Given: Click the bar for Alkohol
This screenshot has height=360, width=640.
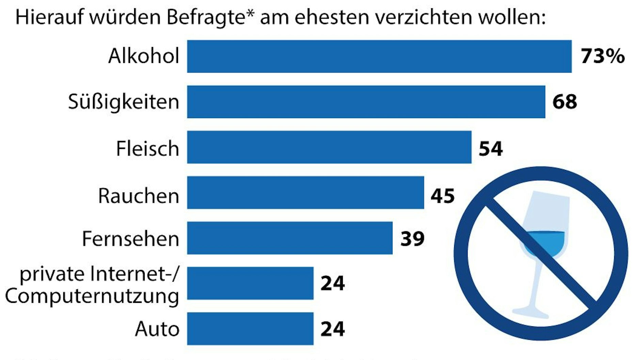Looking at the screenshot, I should pyautogui.click(x=379, y=56).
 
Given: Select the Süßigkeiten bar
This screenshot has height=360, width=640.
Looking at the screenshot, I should pyautogui.click(x=366, y=102).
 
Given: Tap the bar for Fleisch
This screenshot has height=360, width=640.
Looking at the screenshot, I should pyautogui.click(x=329, y=147).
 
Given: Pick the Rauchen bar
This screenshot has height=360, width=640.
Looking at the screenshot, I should pyautogui.click(x=305, y=193).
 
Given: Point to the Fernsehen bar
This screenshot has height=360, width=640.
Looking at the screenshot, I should pyautogui.click(x=290, y=238).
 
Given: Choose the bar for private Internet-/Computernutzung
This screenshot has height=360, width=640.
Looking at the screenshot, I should pyautogui.click(x=250, y=283).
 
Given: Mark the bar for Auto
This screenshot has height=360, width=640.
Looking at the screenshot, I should pyautogui.click(x=250, y=329).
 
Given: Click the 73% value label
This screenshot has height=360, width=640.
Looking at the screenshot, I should pyautogui.click(x=603, y=56).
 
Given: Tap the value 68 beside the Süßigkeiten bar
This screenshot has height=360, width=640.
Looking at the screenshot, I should pyautogui.click(x=564, y=102).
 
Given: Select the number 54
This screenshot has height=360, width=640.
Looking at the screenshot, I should pyautogui.click(x=491, y=149).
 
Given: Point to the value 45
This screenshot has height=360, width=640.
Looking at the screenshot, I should pyautogui.click(x=443, y=196).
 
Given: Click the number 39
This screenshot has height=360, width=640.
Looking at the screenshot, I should pyautogui.click(x=412, y=239).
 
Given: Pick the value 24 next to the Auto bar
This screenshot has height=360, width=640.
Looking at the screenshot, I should pyautogui.click(x=333, y=329).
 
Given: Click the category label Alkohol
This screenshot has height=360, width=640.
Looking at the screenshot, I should pyautogui.click(x=144, y=56).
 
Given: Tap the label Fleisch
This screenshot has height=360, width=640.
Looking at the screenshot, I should pyautogui.click(x=147, y=149).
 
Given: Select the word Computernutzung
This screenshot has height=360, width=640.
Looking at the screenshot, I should pyautogui.click(x=92, y=296).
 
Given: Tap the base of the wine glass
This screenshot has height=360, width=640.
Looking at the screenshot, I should pyautogui.click(x=531, y=312).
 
